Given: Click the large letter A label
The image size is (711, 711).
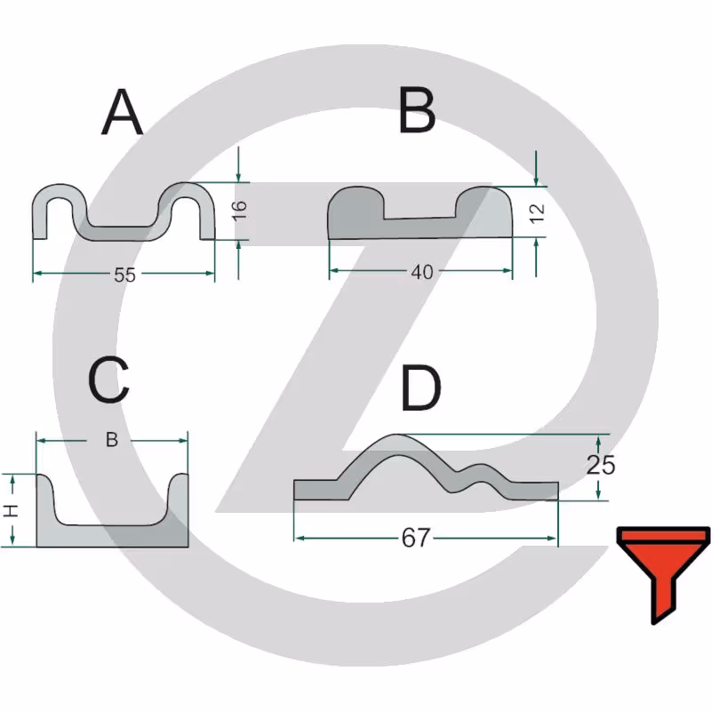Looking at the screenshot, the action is [x=122, y=112].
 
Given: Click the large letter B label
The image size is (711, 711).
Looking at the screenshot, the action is [x=417, y=111].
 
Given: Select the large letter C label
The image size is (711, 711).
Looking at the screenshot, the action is [x=108, y=380].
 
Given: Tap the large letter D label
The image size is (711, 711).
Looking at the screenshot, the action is [x=420, y=388].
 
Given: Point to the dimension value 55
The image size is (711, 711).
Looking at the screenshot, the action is [x=124, y=275].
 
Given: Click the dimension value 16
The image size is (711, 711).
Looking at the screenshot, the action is [x=240, y=211].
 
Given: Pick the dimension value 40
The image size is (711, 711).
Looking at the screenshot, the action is [x=422, y=272].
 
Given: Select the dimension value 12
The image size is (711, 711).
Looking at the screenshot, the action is [x=538, y=213].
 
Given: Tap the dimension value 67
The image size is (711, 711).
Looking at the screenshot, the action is [x=415, y=539].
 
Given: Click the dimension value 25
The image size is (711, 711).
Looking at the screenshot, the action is [x=601, y=465].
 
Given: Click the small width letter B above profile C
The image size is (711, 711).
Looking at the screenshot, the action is [x=112, y=440].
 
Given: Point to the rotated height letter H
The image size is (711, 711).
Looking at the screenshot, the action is [x=11, y=510].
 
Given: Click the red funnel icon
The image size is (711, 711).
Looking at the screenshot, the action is [x=663, y=575].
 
